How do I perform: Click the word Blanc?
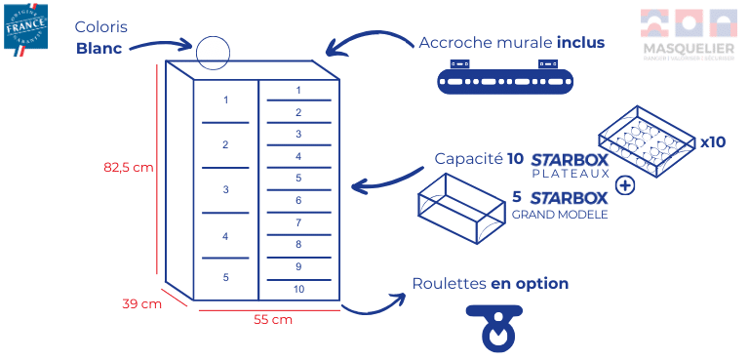[99, 48]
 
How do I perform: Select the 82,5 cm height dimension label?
[129, 166]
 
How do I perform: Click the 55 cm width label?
[272, 319]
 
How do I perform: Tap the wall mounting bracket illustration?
[505, 77]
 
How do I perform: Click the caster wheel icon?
[498, 327]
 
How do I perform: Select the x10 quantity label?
[713, 141]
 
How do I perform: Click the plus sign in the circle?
[625, 186]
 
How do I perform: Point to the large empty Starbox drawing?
[460, 210]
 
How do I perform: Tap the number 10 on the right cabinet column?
[298, 289]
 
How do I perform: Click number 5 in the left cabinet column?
[225, 277]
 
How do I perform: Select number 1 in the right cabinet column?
[298, 91]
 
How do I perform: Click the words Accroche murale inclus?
[511, 43]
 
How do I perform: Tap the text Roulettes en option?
[490, 284]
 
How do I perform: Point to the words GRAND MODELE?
[560, 214]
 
